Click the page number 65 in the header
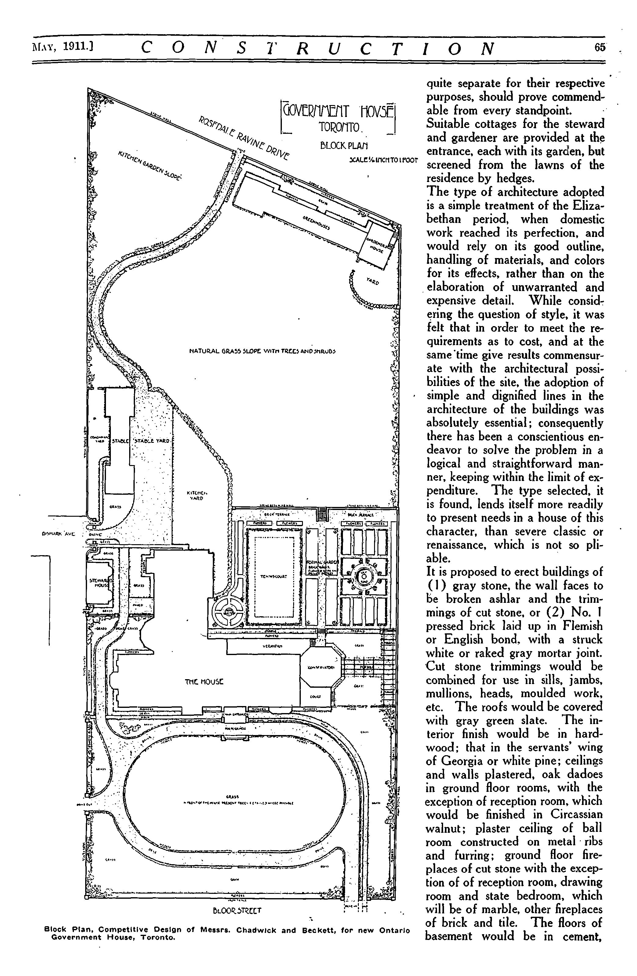[x=599, y=48]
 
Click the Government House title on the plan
[x=337, y=111]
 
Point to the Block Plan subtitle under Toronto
[x=344, y=146]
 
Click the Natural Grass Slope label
[x=263, y=351]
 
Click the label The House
[x=204, y=683]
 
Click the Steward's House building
[x=100, y=584]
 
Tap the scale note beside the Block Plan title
[x=383, y=160]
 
